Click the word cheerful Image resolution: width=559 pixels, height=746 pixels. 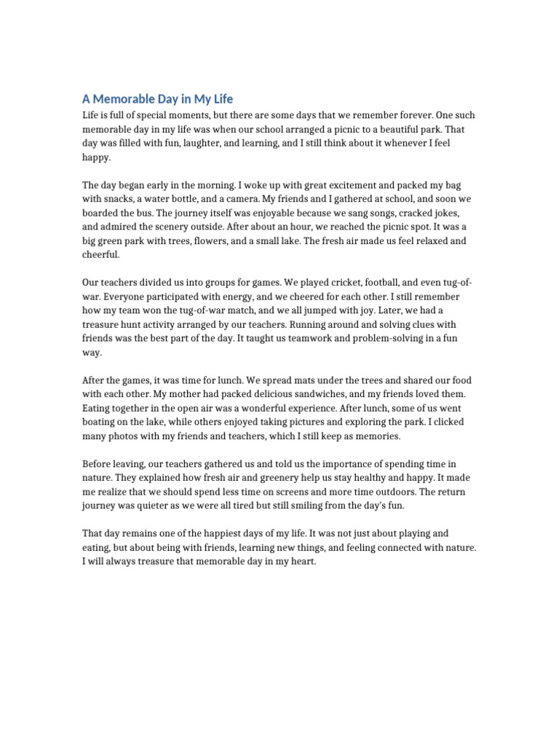[x=99, y=255]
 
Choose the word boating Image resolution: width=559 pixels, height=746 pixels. [x=99, y=423]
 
